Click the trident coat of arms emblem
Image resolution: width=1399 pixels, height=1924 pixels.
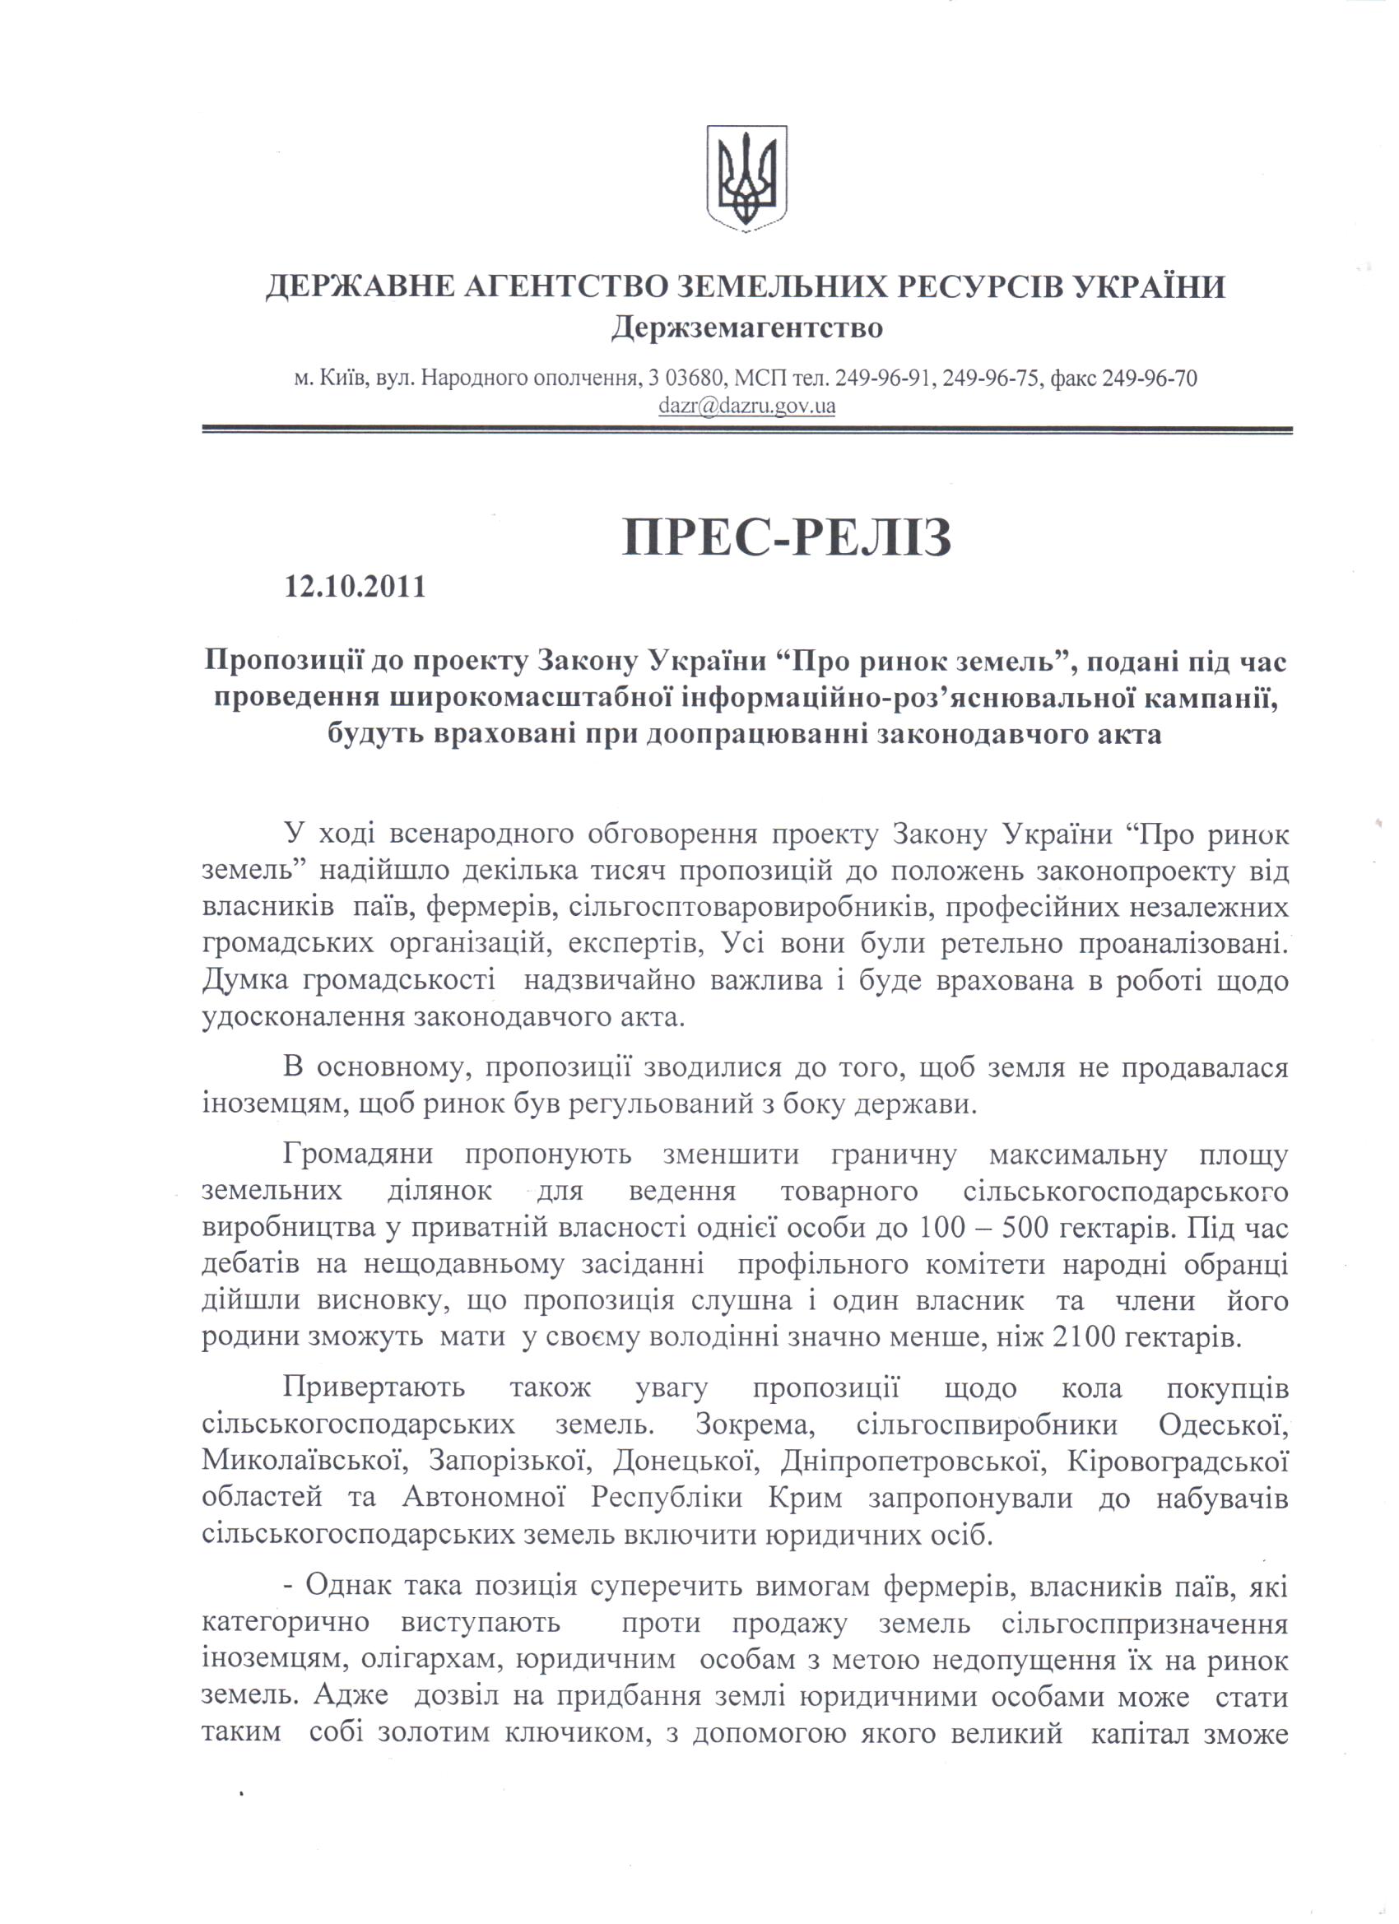coord(746,178)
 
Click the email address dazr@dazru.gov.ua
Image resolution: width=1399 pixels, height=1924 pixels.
coord(746,407)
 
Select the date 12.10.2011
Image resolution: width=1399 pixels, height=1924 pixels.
coord(356,585)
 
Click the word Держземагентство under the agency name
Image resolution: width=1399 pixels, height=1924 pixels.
coord(746,328)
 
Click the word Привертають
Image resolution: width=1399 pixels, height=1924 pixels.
coord(374,1389)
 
